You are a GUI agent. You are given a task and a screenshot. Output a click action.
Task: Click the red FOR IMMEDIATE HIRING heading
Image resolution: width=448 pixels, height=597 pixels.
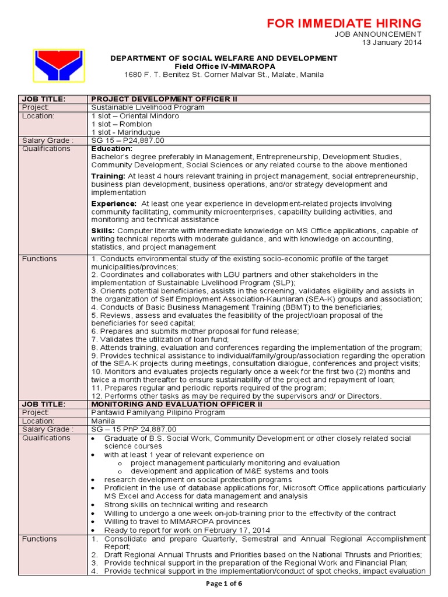tap(344, 23)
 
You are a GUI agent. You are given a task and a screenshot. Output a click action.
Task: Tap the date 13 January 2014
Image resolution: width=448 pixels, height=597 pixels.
tap(392, 43)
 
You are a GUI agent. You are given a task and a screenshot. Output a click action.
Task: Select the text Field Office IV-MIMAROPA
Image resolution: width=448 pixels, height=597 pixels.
tap(224, 66)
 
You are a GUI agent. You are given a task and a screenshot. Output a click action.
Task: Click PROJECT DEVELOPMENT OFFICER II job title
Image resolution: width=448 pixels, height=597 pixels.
tap(164, 100)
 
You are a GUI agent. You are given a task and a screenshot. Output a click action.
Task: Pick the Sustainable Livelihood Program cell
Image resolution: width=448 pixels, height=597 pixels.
tap(148, 108)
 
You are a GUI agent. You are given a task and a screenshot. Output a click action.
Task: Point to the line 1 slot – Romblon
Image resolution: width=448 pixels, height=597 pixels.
tap(121, 124)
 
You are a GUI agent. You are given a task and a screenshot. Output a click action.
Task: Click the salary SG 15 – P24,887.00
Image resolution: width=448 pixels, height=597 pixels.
tap(128, 141)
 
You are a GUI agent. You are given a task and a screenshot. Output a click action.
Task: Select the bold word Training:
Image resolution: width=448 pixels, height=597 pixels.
tap(108, 176)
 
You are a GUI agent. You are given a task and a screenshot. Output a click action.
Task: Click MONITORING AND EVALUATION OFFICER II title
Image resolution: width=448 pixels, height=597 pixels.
tap(177, 404)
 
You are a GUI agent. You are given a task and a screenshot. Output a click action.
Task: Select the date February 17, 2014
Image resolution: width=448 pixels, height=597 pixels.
tap(237, 530)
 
